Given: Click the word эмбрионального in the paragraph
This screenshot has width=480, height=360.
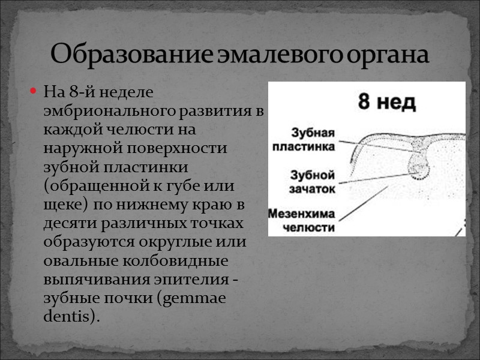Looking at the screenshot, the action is click(103, 112).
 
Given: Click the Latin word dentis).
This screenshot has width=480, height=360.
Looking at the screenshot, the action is click(70, 316).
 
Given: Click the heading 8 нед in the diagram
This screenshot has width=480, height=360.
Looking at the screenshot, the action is click(387, 101).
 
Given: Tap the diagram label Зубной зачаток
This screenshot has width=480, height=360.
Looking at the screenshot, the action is click(312, 182).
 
